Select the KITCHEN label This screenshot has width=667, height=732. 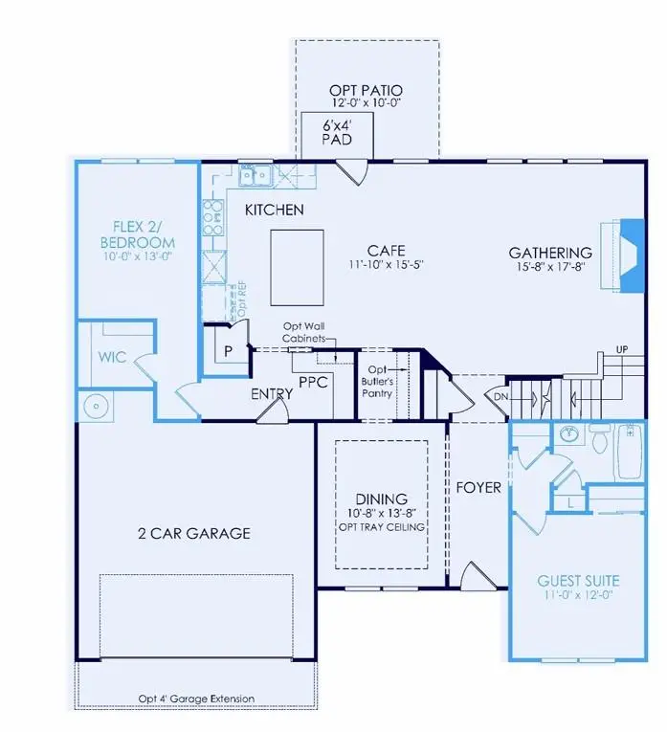point(274,210)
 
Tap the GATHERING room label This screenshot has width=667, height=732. point(549,253)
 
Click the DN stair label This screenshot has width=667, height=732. point(500,395)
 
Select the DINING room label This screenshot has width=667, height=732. point(382,499)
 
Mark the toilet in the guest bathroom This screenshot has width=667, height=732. point(600,441)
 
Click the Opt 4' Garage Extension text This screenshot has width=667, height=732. point(196,698)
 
